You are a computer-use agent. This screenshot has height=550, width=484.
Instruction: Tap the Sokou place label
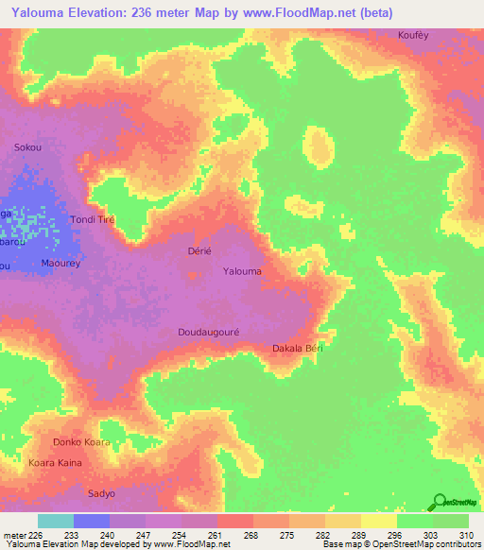pos(27,147)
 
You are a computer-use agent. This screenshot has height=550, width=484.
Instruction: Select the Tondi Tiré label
pos(92,219)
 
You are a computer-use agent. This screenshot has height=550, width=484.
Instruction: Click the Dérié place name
pos(199,250)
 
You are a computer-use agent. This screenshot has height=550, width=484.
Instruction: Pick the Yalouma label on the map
pos(242,272)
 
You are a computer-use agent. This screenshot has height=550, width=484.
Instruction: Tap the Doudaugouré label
pos(210,332)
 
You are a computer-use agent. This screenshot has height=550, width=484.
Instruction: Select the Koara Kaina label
pos(56,463)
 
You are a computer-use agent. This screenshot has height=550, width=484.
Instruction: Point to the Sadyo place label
pos(101,493)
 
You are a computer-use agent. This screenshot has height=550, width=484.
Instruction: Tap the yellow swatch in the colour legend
pos(378,521)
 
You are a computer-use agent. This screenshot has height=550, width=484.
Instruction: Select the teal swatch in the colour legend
pos(56,521)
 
